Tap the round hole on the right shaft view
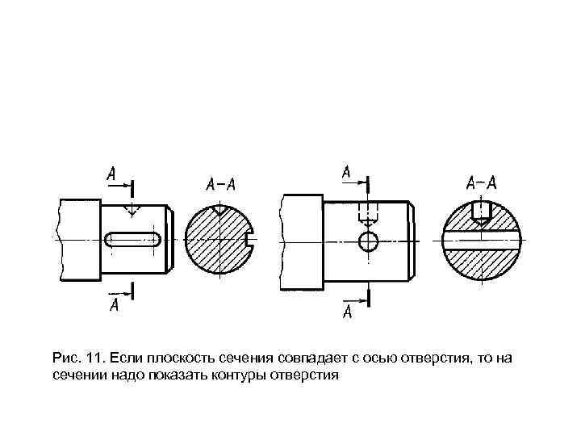click(369, 240)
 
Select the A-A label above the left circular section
click(220, 184)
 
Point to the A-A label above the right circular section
click(482, 182)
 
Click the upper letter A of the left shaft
click(111, 173)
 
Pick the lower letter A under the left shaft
click(114, 304)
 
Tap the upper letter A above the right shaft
click(345, 172)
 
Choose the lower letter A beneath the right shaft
click(348, 312)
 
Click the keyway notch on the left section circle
click(249, 240)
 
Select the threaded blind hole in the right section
click(482, 210)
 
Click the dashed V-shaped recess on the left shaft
click(130, 210)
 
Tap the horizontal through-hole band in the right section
click(482, 241)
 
